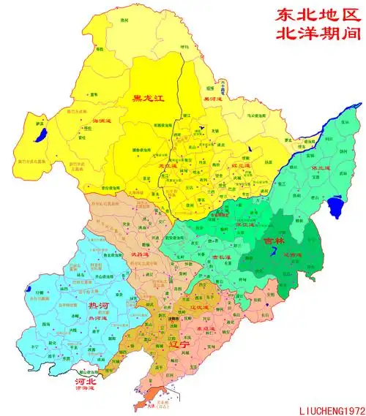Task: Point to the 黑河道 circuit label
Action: click(212, 99)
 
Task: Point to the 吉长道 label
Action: click(220, 258)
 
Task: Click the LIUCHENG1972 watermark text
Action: click(326, 409)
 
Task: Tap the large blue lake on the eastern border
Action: click(337, 207)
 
